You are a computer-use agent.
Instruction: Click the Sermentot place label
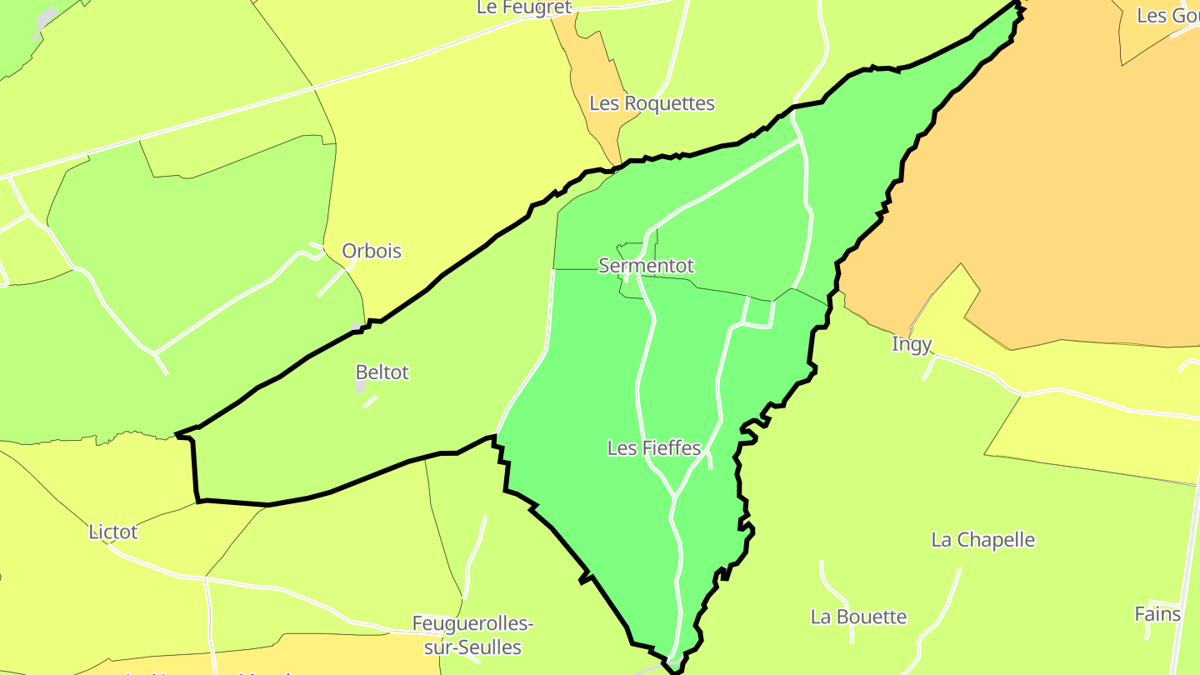point(646,266)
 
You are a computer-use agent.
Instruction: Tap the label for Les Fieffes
point(654,448)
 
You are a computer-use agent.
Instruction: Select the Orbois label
point(372,251)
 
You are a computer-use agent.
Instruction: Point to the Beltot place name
point(382,372)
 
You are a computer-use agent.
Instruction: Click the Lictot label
point(113,532)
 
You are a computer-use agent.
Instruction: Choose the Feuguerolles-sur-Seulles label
point(472,635)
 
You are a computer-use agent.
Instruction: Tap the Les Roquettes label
point(652,104)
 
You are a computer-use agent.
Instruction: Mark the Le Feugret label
point(524,7)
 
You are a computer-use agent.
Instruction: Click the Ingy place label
point(912,344)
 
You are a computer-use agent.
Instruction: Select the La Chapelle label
point(982,540)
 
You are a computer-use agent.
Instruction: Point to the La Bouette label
point(858,617)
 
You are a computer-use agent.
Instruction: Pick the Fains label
point(1157,615)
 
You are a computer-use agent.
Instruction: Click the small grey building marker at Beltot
point(360,387)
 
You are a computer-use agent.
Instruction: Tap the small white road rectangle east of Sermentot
point(758,312)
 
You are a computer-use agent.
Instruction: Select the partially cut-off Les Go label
point(1167,16)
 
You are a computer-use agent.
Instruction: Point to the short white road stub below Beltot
point(370,402)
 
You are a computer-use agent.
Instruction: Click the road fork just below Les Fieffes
point(673,497)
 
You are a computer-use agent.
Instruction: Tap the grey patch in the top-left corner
point(46,18)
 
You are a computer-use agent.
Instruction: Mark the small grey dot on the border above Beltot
point(356,326)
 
